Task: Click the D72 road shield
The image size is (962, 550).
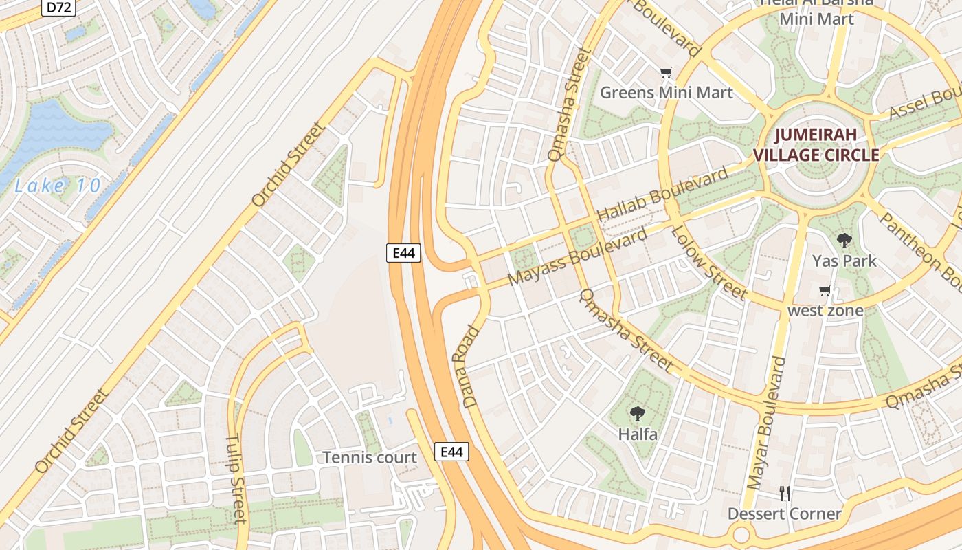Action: pyautogui.click(x=58, y=8)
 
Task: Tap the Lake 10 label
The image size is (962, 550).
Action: pyautogui.click(x=58, y=186)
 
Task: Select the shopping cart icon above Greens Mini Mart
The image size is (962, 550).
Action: pyautogui.click(x=666, y=72)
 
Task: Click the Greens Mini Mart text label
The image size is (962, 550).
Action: pyautogui.click(x=667, y=92)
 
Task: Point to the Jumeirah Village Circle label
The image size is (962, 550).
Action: pyautogui.click(x=816, y=145)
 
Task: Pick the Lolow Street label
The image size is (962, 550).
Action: pyautogui.click(x=708, y=263)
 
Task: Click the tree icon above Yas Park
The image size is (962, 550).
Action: pyautogui.click(x=844, y=241)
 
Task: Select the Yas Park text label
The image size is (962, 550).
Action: pyautogui.click(x=844, y=261)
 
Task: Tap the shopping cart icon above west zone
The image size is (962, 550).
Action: pyautogui.click(x=825, y=290)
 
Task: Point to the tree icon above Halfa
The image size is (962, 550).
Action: pyautogui.click(x=638, y=414)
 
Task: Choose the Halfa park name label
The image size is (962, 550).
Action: pyautogui.click(x=638, y=434)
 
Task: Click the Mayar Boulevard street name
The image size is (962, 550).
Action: pyautogui.click(x=766, y=423)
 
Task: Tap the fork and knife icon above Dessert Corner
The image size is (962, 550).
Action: pyautogui.click(x=785, y=493)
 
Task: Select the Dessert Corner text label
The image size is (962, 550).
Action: pyautogui.click(x=784, y=514)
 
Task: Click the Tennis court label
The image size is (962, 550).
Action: pyautogui.click(x=370, y=457)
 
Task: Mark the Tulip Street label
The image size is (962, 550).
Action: pyautogui.click(x=236, y=478)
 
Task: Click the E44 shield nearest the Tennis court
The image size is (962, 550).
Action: pyautogui.click(x=451, y=452)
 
